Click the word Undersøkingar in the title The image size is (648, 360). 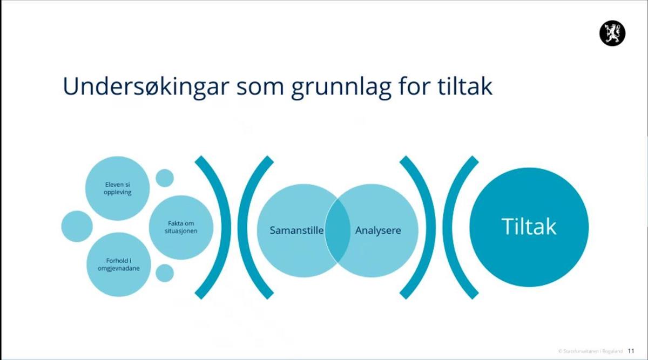point(146,86)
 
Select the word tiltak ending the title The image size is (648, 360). point(465,86)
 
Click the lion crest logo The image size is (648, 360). point(612,33)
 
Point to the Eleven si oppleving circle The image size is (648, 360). point(118,188)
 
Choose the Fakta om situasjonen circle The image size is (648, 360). point(181,227)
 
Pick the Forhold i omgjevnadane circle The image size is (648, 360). point(119,264)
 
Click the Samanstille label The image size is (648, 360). point(296,230)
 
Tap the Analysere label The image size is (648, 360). point(378,230)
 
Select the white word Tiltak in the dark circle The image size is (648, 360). point(529,227)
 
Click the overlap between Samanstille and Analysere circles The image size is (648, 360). point(337,230)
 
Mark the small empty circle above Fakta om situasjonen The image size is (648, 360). point(165,178)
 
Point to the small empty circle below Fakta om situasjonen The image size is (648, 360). point(165,273)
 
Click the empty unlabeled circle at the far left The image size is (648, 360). point(77,226)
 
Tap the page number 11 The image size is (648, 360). point(631,351)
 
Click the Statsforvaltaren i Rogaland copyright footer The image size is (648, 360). point(590,351)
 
